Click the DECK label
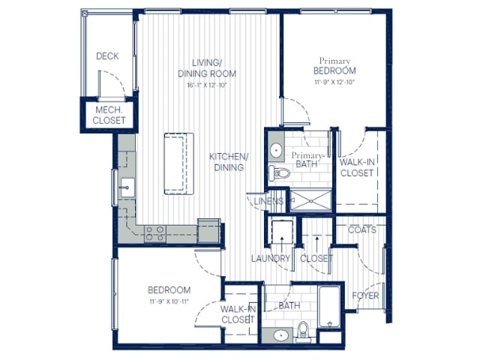coord(107,56)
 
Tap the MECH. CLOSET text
coord(109,115)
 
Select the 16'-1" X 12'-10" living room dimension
coord(207,85)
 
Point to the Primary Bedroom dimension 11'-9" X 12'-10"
coord(334,82)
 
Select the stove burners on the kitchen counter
coord(156,233)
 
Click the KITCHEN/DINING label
coord(228,161)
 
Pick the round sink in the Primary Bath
coord(275,150)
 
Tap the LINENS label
coord(268,201)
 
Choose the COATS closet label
coord(362,229)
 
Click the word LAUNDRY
coord(270,259)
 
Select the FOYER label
coord(365,295)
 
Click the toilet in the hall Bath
coord(302,330)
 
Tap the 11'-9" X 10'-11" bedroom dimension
coord(169,301)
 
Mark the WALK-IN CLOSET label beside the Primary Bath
coord(356,166)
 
